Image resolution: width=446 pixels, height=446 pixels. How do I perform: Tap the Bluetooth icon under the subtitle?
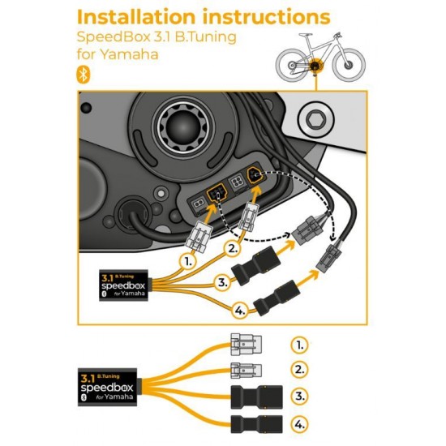point(84,75)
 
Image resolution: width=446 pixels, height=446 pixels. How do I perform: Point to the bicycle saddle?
point(306,35)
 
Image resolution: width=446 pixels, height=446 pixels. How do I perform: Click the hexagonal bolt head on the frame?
point(316,120)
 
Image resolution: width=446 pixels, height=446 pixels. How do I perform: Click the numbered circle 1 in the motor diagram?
point(188,261)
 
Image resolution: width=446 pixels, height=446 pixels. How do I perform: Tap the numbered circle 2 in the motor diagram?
point(233,249)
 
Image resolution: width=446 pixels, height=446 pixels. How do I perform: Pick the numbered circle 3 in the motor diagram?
point(223,282)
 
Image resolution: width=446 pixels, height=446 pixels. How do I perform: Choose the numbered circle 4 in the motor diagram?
point(240,311)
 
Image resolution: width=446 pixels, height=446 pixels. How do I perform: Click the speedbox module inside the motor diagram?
point(124,285)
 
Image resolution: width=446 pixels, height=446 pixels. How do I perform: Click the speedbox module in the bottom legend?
point(108,387)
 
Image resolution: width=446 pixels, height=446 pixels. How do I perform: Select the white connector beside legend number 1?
point(246,345)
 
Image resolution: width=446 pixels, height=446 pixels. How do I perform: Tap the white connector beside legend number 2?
point(246,371)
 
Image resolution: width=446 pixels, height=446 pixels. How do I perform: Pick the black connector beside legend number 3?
point(256,397)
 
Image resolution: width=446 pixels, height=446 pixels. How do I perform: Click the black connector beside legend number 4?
point(256,424)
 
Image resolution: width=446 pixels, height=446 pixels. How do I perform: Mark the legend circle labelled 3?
point(299,396)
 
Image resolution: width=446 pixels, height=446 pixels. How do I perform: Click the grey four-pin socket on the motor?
point(238,182)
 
